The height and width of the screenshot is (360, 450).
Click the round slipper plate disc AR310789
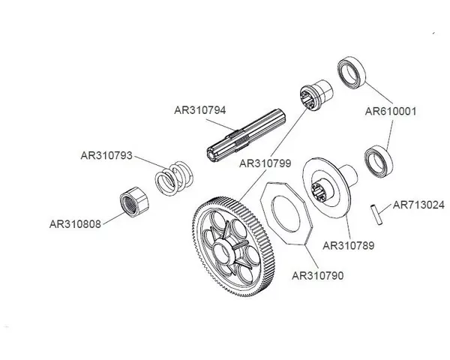330,188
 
